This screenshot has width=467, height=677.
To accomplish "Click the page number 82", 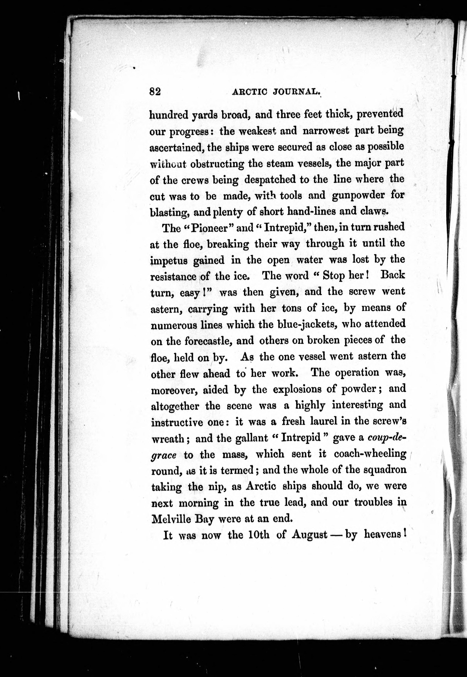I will point(155,92).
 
